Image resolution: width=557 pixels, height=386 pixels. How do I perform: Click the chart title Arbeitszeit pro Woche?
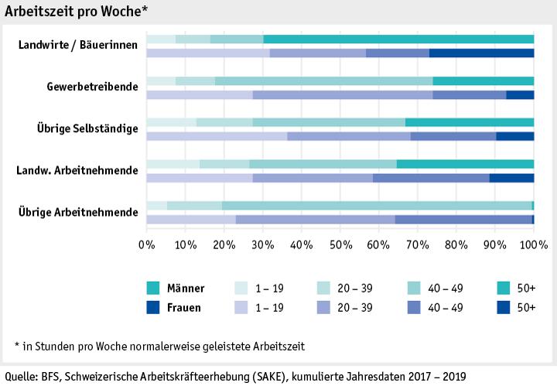pyautogui.click(x=76, y=10)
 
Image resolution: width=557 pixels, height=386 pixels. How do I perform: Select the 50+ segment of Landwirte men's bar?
pyautogui.click(x=398, y=39)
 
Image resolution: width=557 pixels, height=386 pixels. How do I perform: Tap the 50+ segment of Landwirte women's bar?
pyautogui.click(x=481, y=53)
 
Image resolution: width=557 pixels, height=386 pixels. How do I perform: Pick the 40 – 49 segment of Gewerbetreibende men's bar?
pyautogui.click(x=323, y=81)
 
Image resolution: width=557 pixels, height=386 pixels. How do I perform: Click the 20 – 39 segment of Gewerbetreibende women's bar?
pyautogui.click(x=343, y=94)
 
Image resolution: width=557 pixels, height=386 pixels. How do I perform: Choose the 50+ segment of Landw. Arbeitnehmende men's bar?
pyautogui.click(x=465, y=164)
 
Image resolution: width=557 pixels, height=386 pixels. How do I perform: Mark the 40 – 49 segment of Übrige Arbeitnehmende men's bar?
pyautogui.click(x=377, y=205)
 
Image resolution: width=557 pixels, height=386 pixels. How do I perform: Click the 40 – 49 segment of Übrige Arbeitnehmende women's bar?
pyautogui.click(x=463, y=219)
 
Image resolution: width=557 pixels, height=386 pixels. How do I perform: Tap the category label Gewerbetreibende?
pyautogui.click(x=93, y=87)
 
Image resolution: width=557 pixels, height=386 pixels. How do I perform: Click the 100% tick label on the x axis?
pyautogui.click(x=533, y=245)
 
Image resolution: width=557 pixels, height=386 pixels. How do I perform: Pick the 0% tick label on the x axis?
pyautogui.click(x=146, y=245)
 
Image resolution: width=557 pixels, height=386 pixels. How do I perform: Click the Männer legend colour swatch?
pyautogui.click(x=153, y=289)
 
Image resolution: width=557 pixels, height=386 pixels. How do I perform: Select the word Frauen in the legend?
pyautogui.click(x=184, y=307)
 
